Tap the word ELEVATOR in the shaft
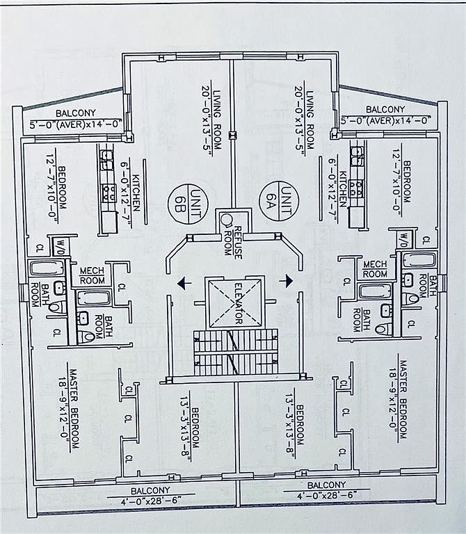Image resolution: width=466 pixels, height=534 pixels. click(236, 303)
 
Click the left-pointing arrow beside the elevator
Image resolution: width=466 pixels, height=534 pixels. click(183, 282)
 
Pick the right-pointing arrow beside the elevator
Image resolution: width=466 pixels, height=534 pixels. click(285, 280)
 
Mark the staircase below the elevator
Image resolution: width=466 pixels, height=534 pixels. click(235, 350)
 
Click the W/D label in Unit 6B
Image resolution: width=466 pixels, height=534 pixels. click(60, 246)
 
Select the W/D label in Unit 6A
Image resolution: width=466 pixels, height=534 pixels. click(404, 239)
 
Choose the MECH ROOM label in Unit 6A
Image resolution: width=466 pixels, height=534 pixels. click(374, 269)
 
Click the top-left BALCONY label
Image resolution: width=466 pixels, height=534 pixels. click(77, 113)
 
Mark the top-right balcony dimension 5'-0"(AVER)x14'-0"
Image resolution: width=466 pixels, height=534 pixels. click(386, 120)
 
